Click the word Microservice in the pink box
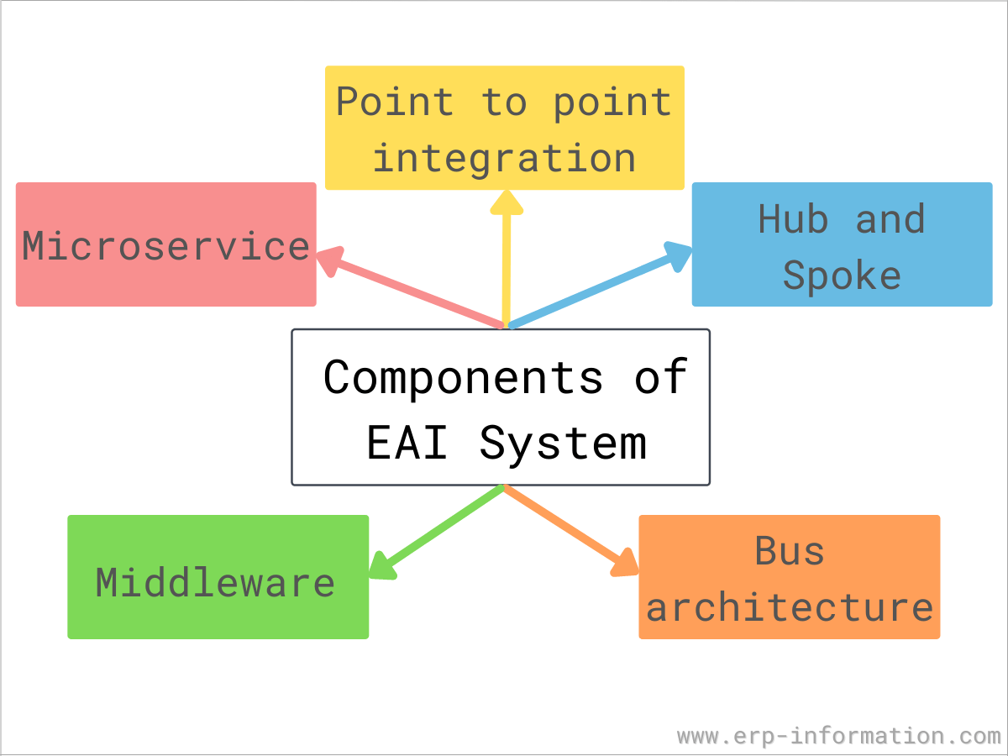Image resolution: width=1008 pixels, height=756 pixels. (x=166, y=246)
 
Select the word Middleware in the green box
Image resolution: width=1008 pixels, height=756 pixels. (x=215, y=582)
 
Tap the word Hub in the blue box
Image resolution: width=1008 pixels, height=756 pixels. (x=793, y=219)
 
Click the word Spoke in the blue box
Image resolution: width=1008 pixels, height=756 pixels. (x=842, y=276)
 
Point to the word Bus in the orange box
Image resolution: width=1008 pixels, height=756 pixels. (x=790, y=551)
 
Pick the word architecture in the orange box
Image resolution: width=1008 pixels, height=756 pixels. (x=790, y=607)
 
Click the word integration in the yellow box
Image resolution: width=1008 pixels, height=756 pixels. (x=504, y=158)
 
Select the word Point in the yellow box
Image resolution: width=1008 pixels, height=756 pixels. (x=395, y=102)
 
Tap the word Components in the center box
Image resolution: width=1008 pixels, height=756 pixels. (x=463, y=377)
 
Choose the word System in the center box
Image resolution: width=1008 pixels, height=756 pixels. (x=563, y=443)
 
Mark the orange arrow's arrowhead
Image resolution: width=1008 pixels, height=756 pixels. (x=626, y=564)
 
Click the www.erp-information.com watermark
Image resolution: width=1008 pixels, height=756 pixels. (x=838, y=736)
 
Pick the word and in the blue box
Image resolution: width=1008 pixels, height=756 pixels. (x=890, y=219)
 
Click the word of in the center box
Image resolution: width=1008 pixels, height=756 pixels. (x=661, y=377)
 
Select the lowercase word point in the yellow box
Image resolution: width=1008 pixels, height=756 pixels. (x=612, y=102)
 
